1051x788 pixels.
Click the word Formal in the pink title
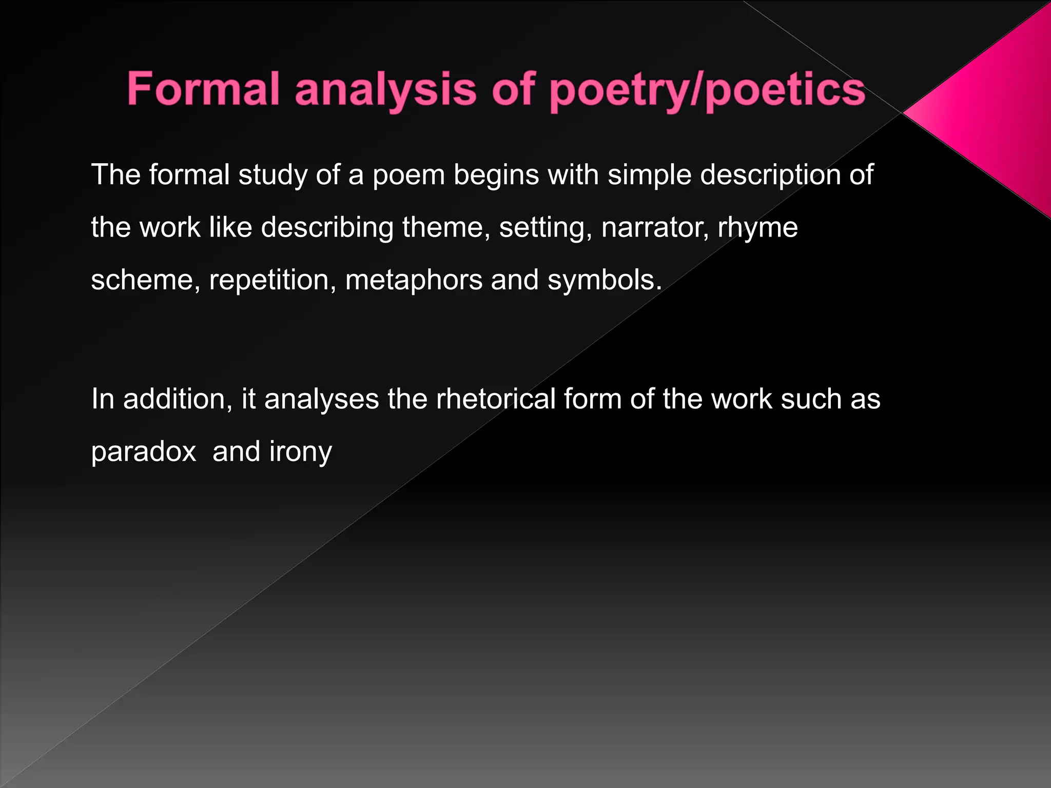203,89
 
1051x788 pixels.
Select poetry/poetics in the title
708,91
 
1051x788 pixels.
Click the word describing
327,227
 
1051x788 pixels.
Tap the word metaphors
414,280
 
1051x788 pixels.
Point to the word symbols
605,280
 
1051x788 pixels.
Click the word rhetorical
496,399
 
